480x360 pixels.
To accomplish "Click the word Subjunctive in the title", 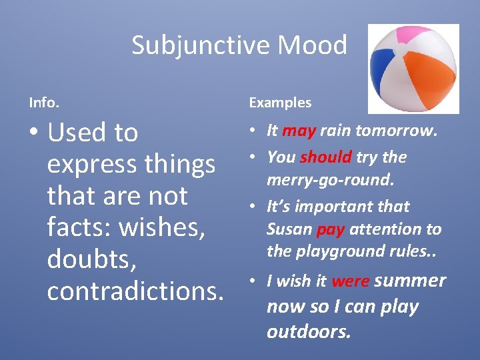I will point(201,45).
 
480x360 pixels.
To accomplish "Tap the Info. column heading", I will point(44,103).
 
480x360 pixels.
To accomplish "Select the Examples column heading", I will point(280,103).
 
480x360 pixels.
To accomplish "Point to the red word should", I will point(325,157).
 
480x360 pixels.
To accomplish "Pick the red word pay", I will point(330,229).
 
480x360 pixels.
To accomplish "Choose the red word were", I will point(350,281).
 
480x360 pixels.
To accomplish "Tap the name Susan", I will point(289,229).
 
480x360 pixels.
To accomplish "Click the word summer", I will point(410,281).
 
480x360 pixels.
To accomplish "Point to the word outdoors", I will point(308,331).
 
